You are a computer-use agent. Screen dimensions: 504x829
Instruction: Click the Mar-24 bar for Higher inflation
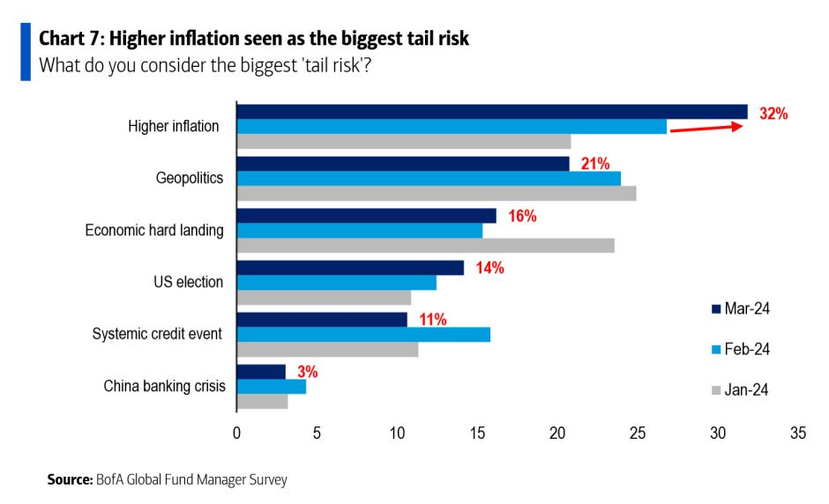pos(491,112)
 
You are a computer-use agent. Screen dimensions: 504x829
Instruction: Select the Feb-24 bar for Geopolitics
pos(429,179)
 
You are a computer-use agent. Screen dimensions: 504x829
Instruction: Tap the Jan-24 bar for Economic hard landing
pos(425,246)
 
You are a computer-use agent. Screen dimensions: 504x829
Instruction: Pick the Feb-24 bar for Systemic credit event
pos(363,335)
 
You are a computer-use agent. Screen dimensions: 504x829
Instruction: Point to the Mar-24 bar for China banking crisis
pos(261,372)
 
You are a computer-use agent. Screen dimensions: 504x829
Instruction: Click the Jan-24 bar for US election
pos(324,298)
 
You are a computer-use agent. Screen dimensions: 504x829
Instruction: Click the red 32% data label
pos(773,114)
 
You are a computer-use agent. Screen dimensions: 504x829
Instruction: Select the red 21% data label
pos(595,164)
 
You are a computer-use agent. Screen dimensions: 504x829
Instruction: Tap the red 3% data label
pos(307,372)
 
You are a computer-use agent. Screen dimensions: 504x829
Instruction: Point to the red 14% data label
pos(489,268)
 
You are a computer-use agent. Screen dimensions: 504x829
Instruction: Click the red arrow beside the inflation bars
pos(706,129)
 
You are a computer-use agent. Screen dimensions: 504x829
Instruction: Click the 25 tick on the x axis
pos(638,434)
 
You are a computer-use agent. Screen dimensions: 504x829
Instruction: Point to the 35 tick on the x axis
pos(798,434)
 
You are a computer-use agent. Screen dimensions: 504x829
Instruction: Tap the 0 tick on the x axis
pos(236,434)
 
